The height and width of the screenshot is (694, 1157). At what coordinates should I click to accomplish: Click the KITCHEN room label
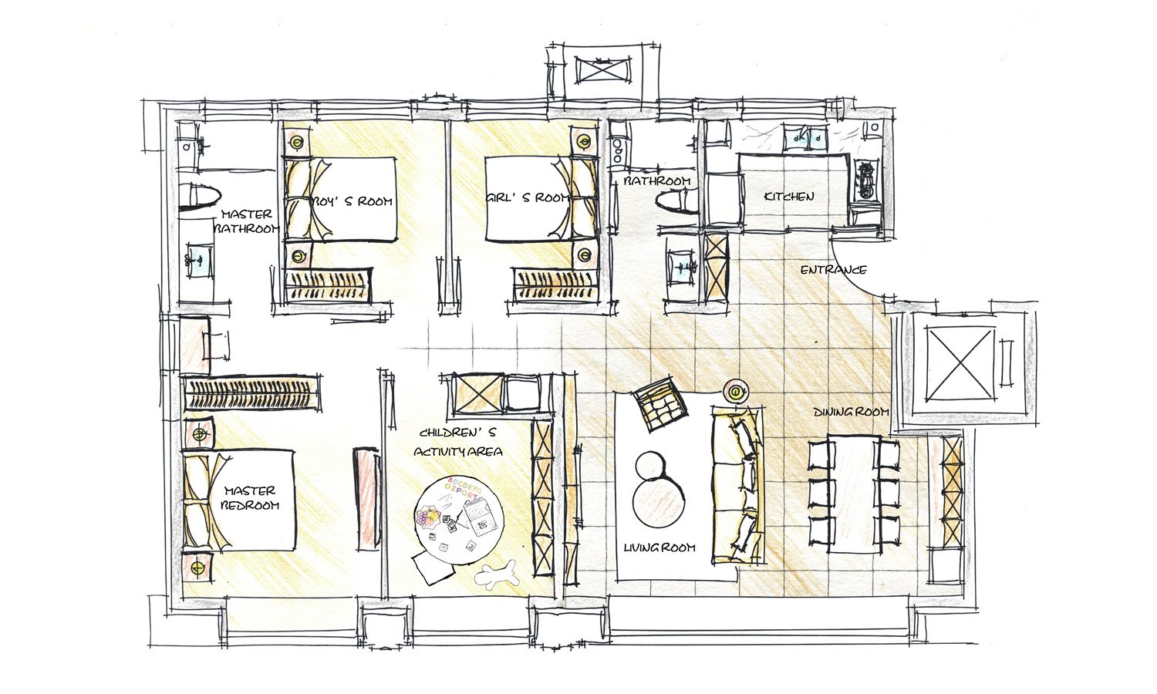click(789, 196)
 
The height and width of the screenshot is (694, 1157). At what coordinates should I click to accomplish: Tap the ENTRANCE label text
click(833, 270)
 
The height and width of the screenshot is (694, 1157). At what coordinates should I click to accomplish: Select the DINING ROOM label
click(852, 412)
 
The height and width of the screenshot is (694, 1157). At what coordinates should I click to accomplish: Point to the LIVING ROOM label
click(659, 547)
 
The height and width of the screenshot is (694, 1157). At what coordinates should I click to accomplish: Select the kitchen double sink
click(805, 138)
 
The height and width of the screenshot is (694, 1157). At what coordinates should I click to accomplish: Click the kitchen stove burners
click(865, 180)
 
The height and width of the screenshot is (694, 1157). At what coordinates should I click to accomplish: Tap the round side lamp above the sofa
click(736, 392)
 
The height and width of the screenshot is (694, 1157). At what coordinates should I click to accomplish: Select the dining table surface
click(855, 495)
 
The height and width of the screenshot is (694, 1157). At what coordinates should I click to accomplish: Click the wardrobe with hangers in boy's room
click(329, 285)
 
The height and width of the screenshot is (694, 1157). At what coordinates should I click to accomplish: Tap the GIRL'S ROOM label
click(527, 197)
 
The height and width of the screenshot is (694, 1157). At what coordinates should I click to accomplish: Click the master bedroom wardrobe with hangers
click(252, 393)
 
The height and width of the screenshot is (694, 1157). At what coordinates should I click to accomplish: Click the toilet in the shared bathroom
click(677, 200)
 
